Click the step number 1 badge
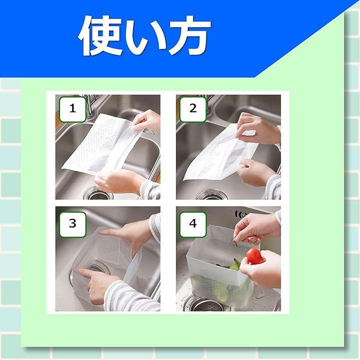pyautogui.click(x=72, y=109)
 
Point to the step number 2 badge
pyautogui.click(x=193, y=109)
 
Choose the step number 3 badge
pyautogui.click(x=72, y=224)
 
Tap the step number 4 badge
pyautogui.click(x=193, y=224)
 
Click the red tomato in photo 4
pyautogui.click(x=254, y=256)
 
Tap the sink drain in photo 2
pyautogui.click(x=211, y=194)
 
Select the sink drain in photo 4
pyautogui.click(x=204, y=303)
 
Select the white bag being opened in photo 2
pyautogui.click(x=220, y=152)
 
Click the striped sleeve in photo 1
pyautogui.click(x=150, y=189)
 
